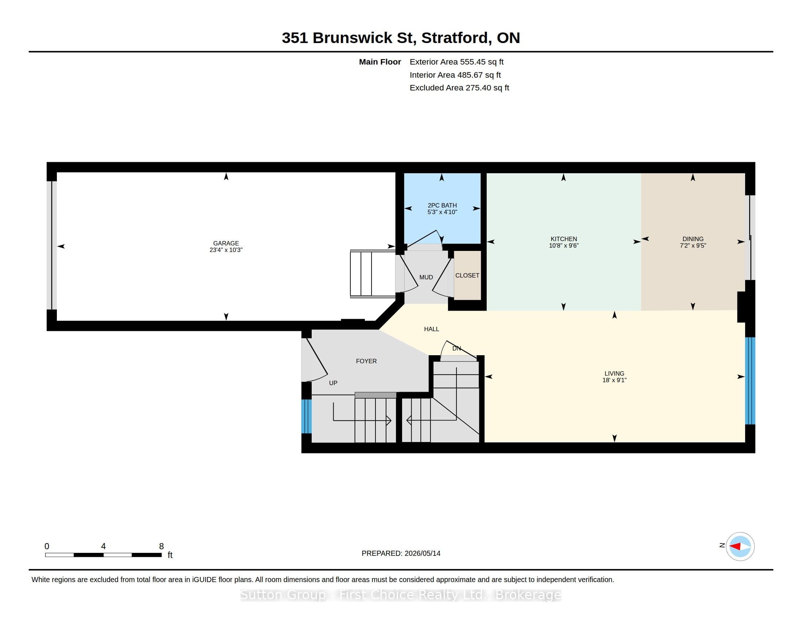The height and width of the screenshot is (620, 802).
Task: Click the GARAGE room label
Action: point(226,243)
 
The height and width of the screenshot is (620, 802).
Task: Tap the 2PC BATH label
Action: point(442,205)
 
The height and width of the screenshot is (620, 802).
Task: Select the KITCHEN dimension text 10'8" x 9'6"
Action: point(564,245)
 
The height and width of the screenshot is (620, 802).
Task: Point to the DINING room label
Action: point(693,239)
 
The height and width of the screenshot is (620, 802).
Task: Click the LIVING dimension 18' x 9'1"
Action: point(614,380)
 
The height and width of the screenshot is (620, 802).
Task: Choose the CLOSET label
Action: point(467,275)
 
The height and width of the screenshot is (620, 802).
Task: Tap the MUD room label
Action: point(426,277)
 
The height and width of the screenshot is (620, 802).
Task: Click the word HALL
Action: point(432,329)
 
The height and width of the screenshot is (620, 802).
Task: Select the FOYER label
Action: point(366,361)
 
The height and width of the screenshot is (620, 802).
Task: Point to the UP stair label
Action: point(333,383)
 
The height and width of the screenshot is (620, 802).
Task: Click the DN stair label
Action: point(456,349)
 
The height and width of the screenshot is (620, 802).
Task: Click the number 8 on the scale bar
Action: point(161,546)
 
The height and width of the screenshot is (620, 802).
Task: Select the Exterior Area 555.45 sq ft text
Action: point(456,62)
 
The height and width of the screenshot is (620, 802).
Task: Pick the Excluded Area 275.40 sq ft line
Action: point(459,88)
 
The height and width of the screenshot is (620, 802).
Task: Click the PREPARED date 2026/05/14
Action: point(422,553)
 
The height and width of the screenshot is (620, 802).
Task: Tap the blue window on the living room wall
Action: point(750,380)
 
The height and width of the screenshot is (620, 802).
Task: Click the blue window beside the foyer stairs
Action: point(306,416)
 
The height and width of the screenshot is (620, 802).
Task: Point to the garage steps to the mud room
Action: point(372,274)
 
